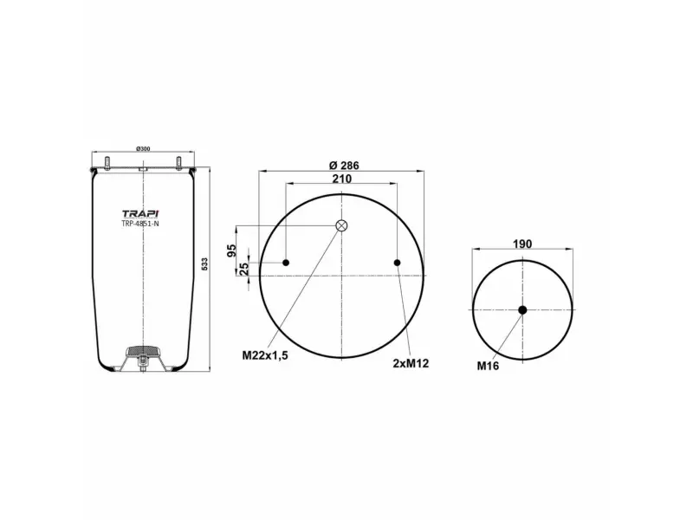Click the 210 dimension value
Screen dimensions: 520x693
(341, 179)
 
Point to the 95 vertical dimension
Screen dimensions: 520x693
(232, 250)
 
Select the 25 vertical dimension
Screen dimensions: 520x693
(243, 268)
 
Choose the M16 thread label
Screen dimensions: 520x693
(488, 366)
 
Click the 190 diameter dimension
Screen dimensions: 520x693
(521, 244)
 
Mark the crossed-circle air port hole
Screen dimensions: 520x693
(341, 226)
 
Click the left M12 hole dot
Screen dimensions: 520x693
(287, 263)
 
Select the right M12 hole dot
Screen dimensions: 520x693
(397, 263)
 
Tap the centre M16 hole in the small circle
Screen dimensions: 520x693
(522, 310)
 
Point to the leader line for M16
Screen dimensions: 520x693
(508, 336)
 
